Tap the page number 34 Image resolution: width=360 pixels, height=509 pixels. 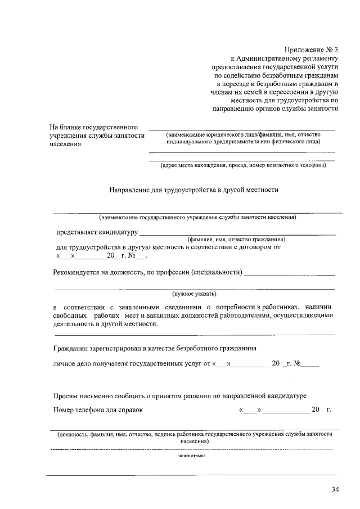coord(336,489)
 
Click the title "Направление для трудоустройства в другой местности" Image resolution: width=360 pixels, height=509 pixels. coord(194,190)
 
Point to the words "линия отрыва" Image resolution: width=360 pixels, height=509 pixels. coord(191,456)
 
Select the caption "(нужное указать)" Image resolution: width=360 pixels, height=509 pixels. coord(194,294)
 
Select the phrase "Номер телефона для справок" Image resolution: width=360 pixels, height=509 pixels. coord(98,409)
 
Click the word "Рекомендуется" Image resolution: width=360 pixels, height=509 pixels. coord(76,273)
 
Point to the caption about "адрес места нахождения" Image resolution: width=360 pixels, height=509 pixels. coord(242,165)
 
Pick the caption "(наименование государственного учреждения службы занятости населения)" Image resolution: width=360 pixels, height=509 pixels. coord(197,217)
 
